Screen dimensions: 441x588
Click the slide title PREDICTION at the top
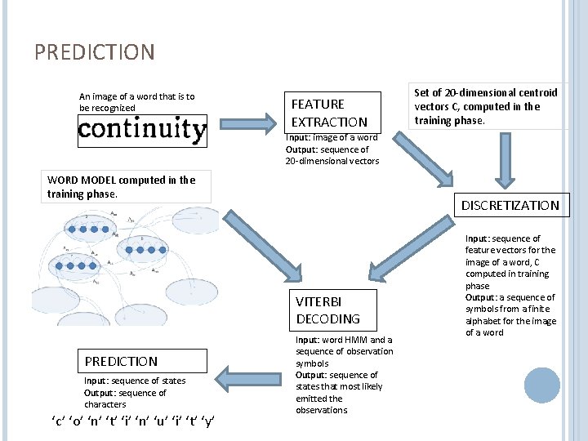coord(94,53)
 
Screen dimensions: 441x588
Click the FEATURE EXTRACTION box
coord(329,113)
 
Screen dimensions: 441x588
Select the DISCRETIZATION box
coord(510,205)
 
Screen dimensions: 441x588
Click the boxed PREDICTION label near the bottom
coord(121,361)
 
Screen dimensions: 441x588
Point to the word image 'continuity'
coord(142,130)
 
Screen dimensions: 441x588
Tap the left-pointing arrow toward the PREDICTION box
coord(249,381)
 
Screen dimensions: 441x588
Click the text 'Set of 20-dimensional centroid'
coord(486,93)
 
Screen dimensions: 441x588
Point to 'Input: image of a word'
coord(331,138)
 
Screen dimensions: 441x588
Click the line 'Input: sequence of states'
coord(135,381)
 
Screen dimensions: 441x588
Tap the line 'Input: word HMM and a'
coord(343,340)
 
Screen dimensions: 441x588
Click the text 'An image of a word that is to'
coord(136,96)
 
